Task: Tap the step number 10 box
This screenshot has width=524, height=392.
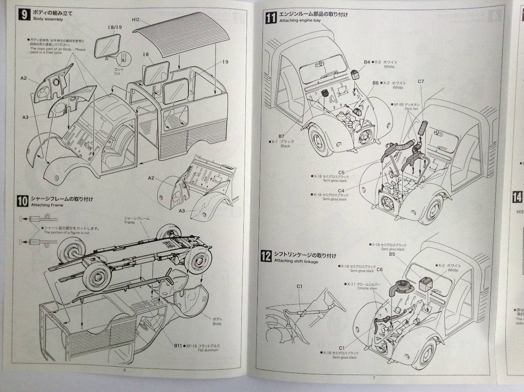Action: [x=23, y=200]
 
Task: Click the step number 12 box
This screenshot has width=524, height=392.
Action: [x=266, y=256]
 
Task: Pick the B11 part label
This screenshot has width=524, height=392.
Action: [x=178, y=345]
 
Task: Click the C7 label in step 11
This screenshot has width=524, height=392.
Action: [x=421, y=81]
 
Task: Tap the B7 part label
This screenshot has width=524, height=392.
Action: [x=282, y=136]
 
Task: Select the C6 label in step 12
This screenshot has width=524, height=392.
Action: [x=380, y=269]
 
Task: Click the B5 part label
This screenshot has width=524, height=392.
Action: [x=392, y=254]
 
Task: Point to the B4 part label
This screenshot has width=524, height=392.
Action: [x=367, y=62]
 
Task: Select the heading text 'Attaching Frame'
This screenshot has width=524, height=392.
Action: [x=47, y=205]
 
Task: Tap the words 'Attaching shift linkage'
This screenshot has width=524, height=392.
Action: [x=296, y=262]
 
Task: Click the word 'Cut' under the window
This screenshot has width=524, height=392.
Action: [x=117, y=74]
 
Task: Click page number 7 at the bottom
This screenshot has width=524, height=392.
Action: [x=374, y=377]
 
